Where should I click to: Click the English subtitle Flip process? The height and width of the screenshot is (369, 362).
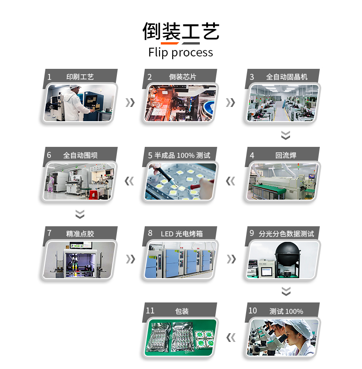(181, 52)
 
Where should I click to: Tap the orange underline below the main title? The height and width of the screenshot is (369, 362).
(170, 43)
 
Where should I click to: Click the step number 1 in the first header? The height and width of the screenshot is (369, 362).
(49, 77)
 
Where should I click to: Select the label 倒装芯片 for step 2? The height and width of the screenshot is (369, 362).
(182, 77)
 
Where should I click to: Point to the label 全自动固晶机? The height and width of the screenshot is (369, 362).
(286, 77)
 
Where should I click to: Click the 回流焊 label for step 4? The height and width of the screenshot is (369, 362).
(285, 155)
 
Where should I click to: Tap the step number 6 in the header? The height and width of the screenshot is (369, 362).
(49, 155)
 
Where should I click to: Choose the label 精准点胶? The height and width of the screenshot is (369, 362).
(80, 234)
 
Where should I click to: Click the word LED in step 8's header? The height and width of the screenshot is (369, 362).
(167, 234)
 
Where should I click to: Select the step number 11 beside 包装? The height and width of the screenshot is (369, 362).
(150, 311)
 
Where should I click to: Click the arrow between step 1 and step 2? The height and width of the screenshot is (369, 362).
(130, 103)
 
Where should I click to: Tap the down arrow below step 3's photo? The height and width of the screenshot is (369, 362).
(285, 135)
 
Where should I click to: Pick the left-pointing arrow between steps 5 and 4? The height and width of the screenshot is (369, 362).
(230, 181)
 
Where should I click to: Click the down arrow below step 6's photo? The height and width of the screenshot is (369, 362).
(80, 214)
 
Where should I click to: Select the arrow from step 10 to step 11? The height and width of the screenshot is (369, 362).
(230, 338)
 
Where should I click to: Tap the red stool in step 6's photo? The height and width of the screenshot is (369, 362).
(94, 195)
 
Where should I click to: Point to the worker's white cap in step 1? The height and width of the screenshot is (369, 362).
(75, 86)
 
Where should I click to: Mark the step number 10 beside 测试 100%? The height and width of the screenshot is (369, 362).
(253, 311)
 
